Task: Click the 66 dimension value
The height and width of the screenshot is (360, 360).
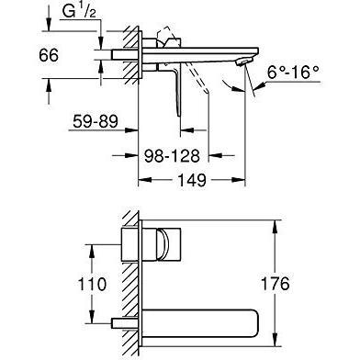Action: pyautogui.click(x=49, y=55)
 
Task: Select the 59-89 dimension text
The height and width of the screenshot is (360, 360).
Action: pyautogui.click(x=96, y=121)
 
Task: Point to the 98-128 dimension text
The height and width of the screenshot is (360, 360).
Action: pyautogui.click(x=172, y=156)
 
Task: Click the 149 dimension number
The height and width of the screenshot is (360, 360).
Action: pyautogui.click(x=192, y=180)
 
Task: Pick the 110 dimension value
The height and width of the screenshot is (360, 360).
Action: pyautogui.click(x=92, y=284)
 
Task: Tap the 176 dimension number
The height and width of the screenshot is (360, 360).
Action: pyautogui.click(x=275, y=284)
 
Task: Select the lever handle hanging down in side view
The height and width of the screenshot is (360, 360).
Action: pyautogui.click(x=176, y=89)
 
